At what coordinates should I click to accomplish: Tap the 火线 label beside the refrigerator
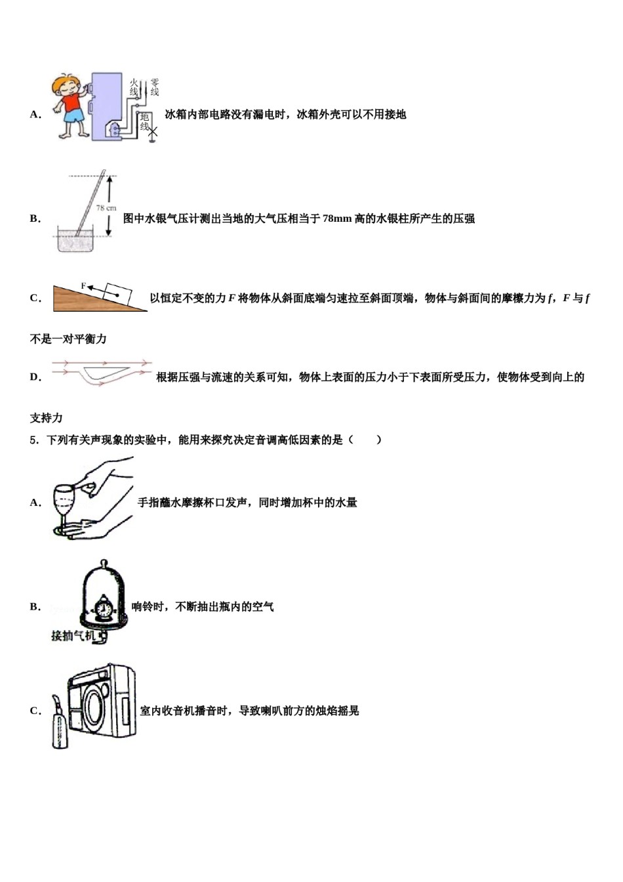coord(134,87)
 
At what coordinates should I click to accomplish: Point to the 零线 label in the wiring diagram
coord(155,87)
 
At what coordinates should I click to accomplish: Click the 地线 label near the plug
coord(145,121)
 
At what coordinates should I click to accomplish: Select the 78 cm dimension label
coord(106,207)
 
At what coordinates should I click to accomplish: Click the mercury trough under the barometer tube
coord(77,241)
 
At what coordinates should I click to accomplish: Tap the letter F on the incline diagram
coord(83,285)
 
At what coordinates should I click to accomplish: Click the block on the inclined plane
coord(117,292)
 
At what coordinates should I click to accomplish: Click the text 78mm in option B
coord(337,219)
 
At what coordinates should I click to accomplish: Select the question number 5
coord(33,440)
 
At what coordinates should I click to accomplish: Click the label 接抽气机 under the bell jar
coord(73,635)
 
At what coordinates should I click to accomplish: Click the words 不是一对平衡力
coord(68,339)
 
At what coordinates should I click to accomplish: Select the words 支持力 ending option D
coord(46,417)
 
